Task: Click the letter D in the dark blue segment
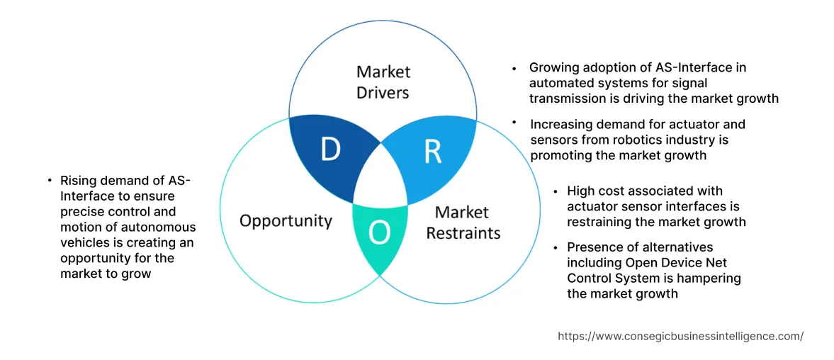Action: click(x=330, y=150)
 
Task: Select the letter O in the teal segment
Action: click(x=380, y=231)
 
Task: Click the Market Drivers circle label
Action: click(x=383, y=81)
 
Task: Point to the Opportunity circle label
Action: click(x=286, y=220)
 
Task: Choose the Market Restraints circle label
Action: click(x=463, y=223)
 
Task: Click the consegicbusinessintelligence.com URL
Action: click(x=680, y=337)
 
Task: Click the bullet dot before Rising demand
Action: click(x=50, y=181)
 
